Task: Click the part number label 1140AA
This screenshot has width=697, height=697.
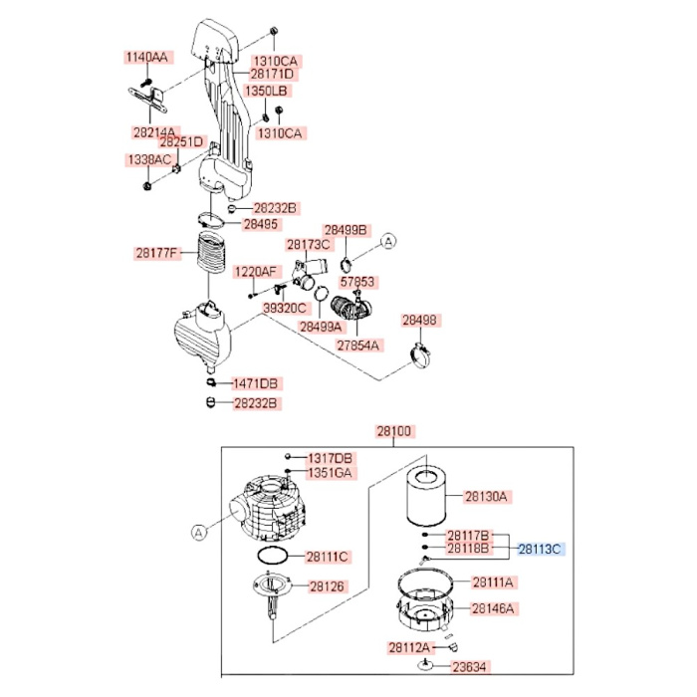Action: click(x=147, y=57)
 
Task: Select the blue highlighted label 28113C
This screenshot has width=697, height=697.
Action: click(x=541, y=549)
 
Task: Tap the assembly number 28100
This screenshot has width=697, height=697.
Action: click(x=393, y=432)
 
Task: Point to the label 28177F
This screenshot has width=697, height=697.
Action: click(x=158, y=253)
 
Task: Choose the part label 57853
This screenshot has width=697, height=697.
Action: click(x=356, y=282)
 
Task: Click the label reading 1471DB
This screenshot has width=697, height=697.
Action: click(x=257, y=383)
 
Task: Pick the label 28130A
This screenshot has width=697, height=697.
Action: click(x=488, y=496)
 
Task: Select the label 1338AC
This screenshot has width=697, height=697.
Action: click(x=148, y=160)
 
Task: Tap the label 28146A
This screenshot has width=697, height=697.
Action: click(x=494, y=607)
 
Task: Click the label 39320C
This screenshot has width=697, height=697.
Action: click(x=285, y=309)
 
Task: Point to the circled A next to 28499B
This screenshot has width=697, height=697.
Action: click(x=390, y=240)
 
